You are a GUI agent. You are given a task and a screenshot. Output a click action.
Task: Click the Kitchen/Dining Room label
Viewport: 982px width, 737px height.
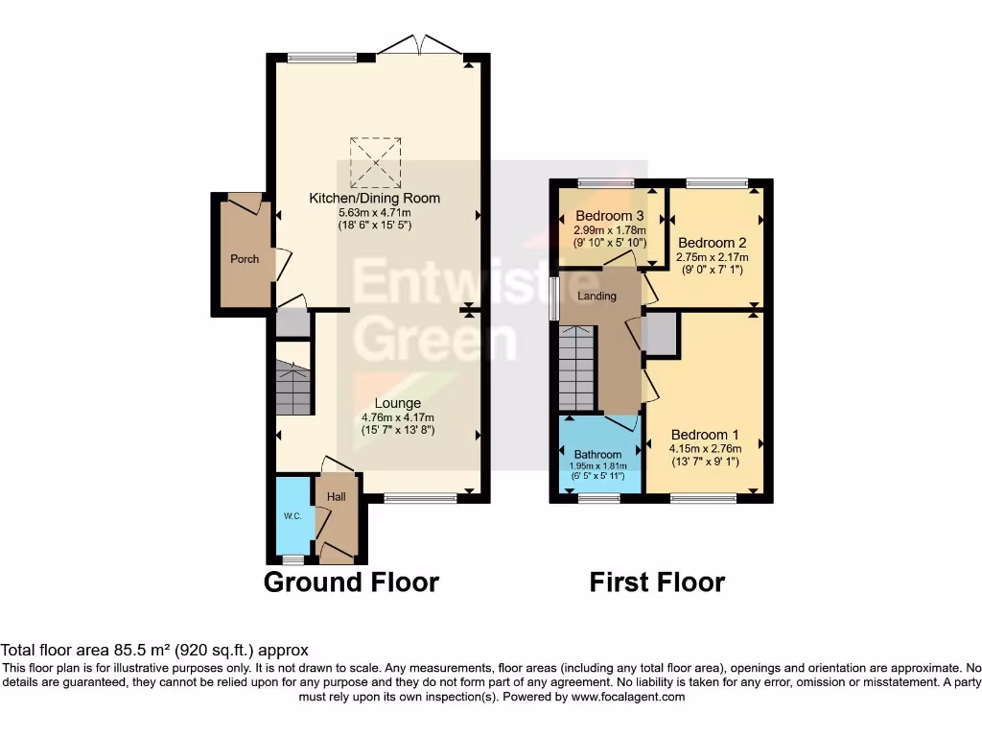(x=374, y=199)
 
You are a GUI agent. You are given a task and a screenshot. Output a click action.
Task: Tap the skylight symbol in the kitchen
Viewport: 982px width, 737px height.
(x=374, y=162)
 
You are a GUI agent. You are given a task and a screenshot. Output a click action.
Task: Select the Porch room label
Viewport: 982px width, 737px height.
(x=245, y=259)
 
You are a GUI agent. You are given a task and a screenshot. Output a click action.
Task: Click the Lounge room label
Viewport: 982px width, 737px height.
(x=397, y=404)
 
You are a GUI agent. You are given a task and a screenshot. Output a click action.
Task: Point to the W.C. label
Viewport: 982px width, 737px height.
(x=292, y=516)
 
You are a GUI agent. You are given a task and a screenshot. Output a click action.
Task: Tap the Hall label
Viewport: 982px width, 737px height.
(x=337, y=497)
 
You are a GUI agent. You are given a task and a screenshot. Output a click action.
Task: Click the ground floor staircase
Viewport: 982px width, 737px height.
(x=293, y=387)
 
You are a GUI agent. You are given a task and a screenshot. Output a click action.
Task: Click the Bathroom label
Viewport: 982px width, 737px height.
(x=597, y=454)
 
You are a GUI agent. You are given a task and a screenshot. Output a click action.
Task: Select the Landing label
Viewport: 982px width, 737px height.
(x=597, y=297)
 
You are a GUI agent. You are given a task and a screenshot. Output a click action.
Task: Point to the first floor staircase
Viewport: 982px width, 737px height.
(x=577, y=368)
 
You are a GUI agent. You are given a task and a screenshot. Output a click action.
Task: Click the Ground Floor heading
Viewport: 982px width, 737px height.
(x=351, y=582)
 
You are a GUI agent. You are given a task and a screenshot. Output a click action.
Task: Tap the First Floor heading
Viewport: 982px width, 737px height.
(x=657, y=582)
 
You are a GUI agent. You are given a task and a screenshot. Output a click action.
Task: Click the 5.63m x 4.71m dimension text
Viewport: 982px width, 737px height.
(x=374, y=213)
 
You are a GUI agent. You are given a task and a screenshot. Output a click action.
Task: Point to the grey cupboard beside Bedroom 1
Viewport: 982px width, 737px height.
(x=662, y=335)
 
